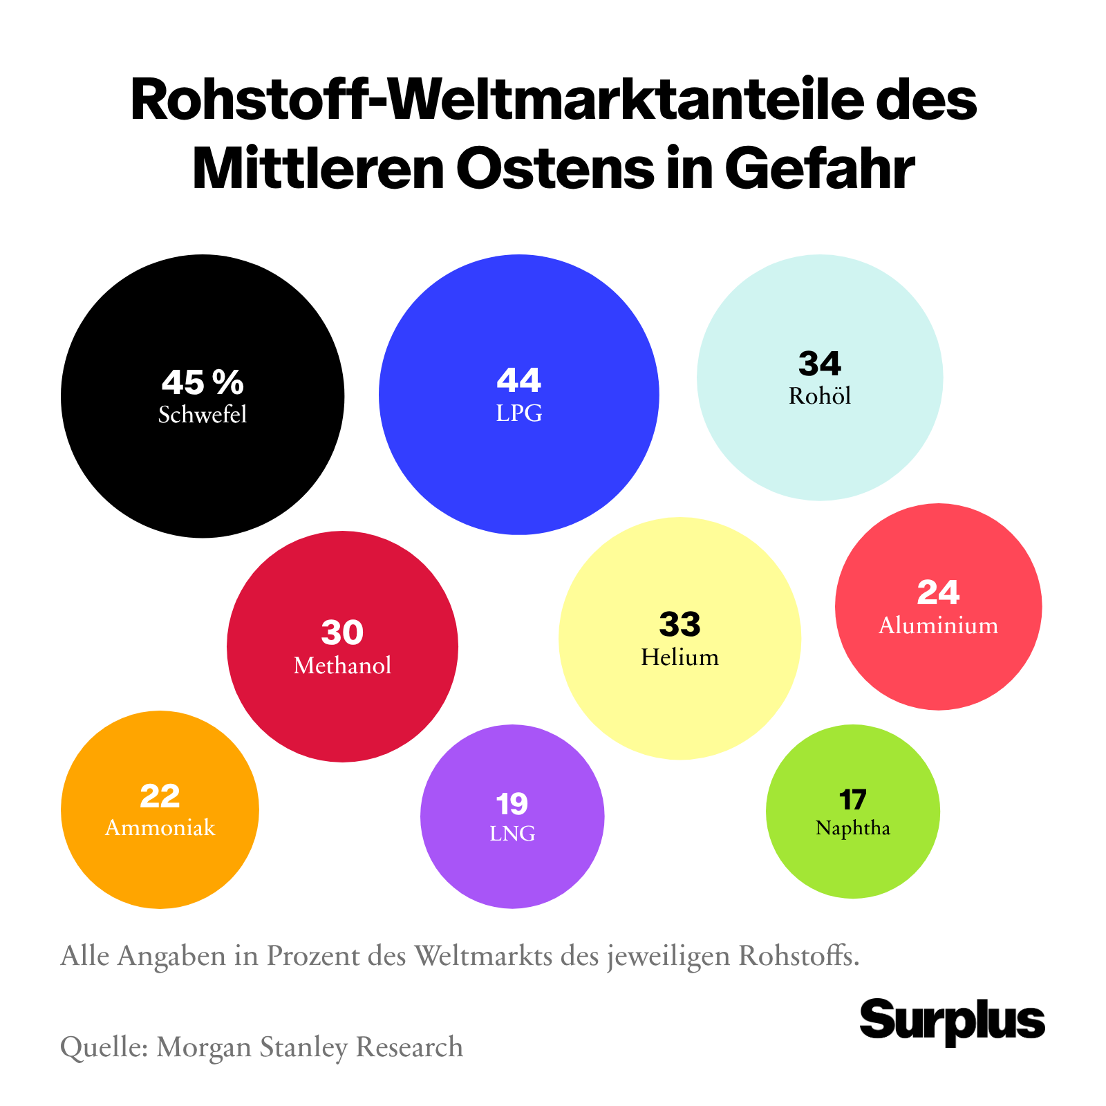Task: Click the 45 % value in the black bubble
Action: pyautogui.click(x=203, y=381)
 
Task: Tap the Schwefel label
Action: pyautogui.click(x=203, y=415)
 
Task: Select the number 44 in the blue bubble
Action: pyautogui.click(x=518, y=380)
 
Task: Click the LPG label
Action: pyautogui.click(x=519, y=413)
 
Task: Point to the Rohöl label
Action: pyautogui.click(x=820, y=396)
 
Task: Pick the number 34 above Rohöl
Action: pyautogui.click(x=820, y=364)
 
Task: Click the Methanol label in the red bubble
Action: pyautogui.click(x=342, y=666)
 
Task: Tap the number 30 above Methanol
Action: pyautogui.click(x=342, y=632)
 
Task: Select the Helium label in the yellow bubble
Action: pyautogui.click(x=679, y=657)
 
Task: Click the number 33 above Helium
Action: pyautogui.click(x=679, y=624)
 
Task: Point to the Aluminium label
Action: pyautogui.click(x=938, y=626)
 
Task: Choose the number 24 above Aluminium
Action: pyautogui.click(x=938, y=592)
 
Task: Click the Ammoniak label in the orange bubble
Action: pyautogui.click(x=160, y=827)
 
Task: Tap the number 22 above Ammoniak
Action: pyautogui.click(x=160, y=796)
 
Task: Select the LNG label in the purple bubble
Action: pyautogui.click(x=512, y=834)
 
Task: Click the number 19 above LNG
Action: pyautogui.click(x=512, y=803)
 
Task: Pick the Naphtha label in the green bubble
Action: pyautogui.click(x=852, y=827)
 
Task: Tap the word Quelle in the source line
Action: pyautogui.click(x=103, y=1047)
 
